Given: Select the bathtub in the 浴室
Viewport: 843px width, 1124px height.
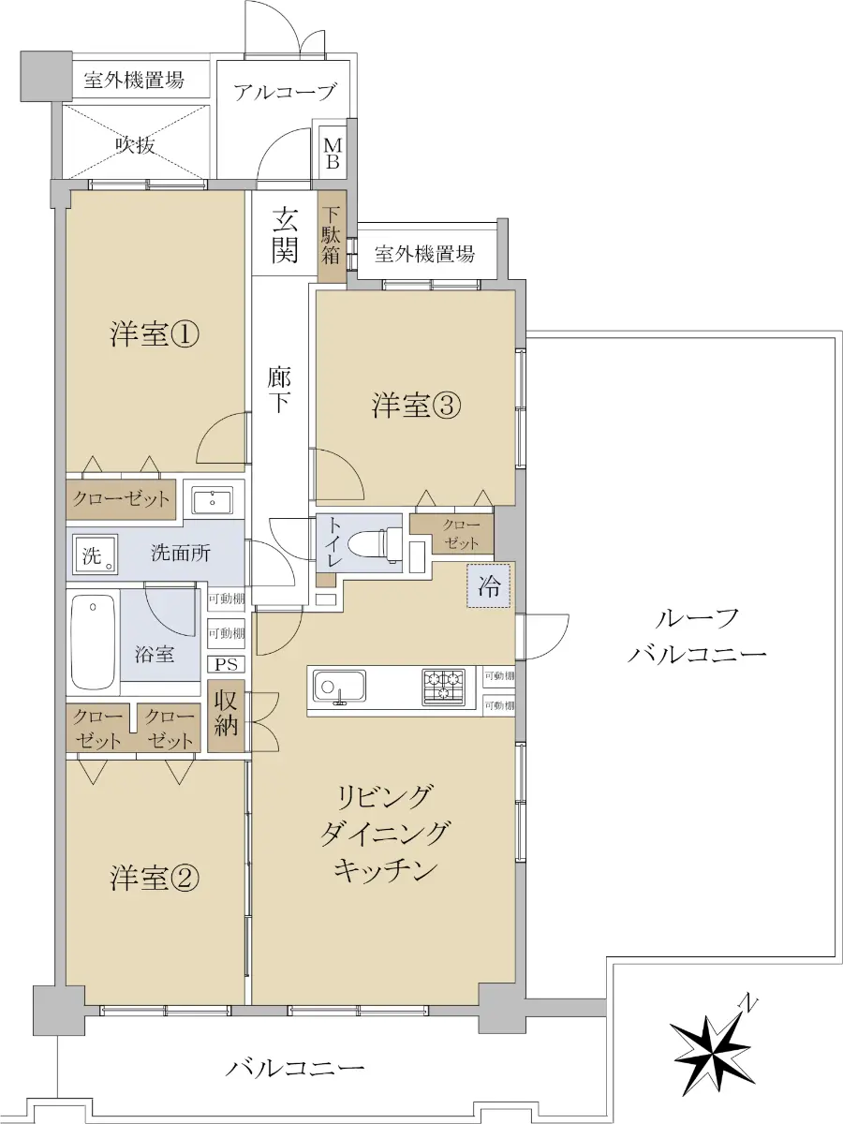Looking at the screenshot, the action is pyautogui.click(x=93, y=643).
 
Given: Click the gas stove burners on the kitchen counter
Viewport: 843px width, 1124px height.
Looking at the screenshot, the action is pyautogui.click(x=443, y=688).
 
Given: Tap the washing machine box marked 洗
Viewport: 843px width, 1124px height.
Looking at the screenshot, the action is pyautogui.click(x=95, y=555).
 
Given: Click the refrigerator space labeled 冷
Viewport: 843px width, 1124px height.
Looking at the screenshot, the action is pyautogui.click(x=488, y=585).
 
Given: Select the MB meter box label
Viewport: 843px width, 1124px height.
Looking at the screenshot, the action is pyautogui.click(x=333, y=155).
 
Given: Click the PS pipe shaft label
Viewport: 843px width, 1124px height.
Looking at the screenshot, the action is pyautogui.click(x=227, y=664).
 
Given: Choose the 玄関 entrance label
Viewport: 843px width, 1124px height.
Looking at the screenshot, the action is pyautogui.click(x=285, y=234).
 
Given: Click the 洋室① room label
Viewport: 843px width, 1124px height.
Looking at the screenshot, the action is pyautogui.click(x=154, y=335).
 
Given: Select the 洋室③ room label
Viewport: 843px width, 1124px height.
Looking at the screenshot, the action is pyautogui.click(x=416, y=406).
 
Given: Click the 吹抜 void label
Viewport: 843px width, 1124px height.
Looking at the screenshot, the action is pyautogui.click(x=135, y=145).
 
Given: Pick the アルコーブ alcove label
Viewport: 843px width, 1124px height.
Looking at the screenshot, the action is pyautogui.click(x=286, y=92).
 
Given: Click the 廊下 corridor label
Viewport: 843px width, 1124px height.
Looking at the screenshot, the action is pyautogui.click(x=279, y=391).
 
